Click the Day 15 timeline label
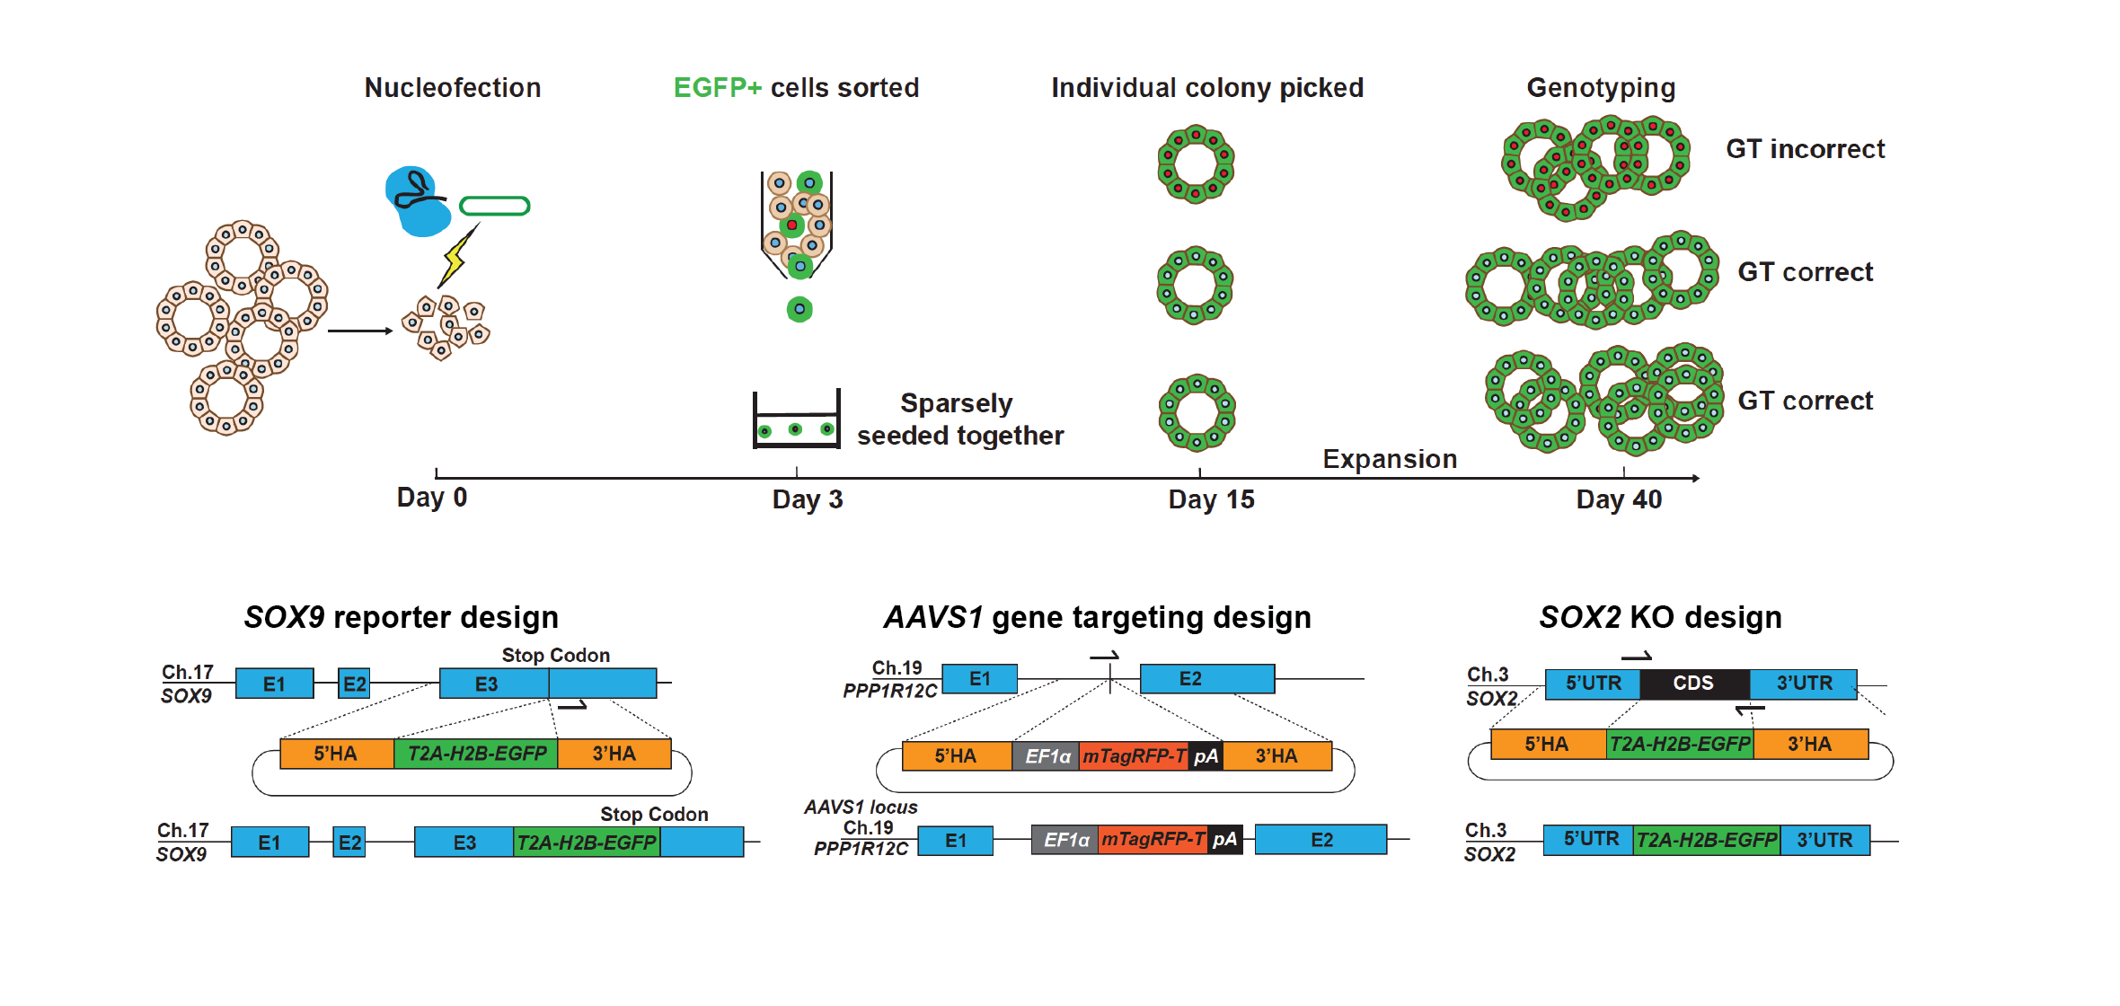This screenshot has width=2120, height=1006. [1210, 499]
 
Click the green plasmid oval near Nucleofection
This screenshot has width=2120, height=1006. [494, 207]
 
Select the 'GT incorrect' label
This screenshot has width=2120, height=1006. [1805, 149]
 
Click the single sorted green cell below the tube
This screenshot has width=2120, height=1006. [799, 310]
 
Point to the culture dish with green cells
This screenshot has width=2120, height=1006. [796, 420]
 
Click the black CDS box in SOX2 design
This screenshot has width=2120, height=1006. [1693, 684]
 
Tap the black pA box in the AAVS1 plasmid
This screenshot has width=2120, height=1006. [1206, 756]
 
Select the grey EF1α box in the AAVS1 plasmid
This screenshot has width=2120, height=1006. [1046, 756]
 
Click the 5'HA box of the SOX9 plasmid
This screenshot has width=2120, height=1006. [336, 754]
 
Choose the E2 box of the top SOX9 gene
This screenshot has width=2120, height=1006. [354, 684]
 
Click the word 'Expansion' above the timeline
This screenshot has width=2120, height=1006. [1389, 459]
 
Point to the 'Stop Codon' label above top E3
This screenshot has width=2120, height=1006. [555, 656]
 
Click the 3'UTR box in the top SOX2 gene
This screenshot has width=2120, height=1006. [1803, 684]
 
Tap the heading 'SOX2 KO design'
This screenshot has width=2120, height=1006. [1660, 618]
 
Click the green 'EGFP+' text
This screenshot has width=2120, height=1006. [717, 88]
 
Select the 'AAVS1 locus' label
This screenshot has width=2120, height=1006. [861, 807]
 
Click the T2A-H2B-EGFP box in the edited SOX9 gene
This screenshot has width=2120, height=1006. [587, 843]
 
